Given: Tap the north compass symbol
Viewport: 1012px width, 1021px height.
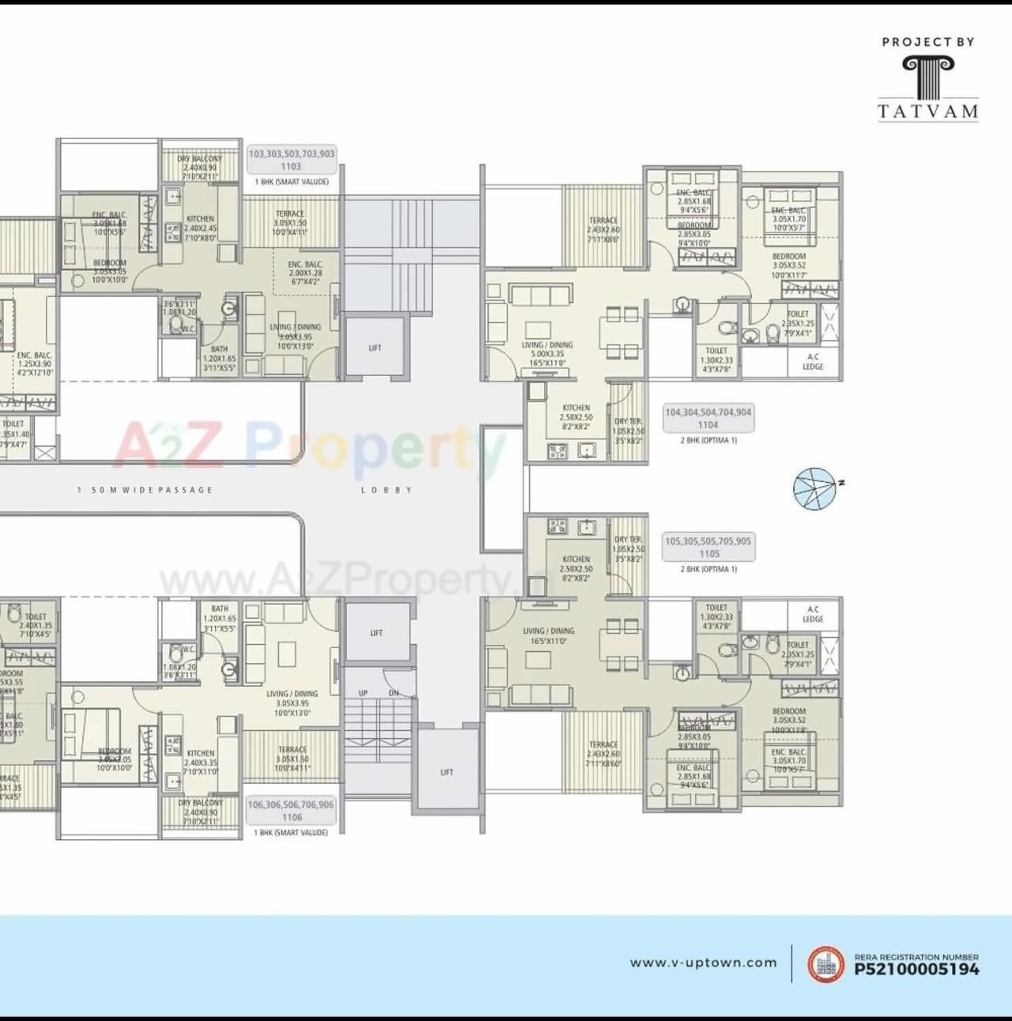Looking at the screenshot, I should point(815,488).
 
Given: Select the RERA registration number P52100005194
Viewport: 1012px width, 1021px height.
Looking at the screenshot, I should point(916,969).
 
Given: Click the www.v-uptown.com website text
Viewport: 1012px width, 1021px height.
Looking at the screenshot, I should point(703,963).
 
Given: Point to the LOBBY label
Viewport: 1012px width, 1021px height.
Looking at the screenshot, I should point(387,490).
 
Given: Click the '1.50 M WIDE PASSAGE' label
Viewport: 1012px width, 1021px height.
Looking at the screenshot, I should point(145,490).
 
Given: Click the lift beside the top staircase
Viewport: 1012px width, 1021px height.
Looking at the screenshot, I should point(376,348).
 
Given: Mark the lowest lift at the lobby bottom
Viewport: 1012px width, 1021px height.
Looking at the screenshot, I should point(447,772).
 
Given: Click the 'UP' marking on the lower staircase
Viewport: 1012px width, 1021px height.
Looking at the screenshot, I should point(363,693).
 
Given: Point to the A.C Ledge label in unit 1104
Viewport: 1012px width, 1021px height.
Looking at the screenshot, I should point(814,362).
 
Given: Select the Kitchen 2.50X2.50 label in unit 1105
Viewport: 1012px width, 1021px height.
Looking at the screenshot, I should point(576,563).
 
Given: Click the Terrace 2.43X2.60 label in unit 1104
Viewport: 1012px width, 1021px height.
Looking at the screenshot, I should point(603,230).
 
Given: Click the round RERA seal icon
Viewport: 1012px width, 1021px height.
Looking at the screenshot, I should point(825,964).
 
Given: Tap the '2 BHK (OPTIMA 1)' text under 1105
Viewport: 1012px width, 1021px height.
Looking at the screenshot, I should point(708,569).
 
